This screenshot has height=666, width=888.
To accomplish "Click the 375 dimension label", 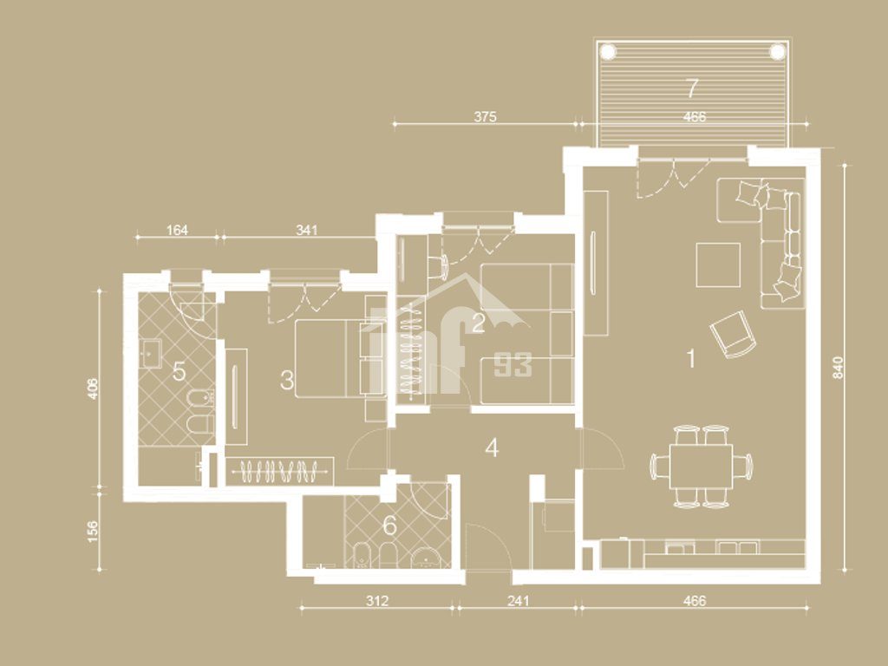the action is (486, 117).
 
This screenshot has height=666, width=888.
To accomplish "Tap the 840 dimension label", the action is (839, 368).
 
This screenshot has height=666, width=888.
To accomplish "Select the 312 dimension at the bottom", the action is (376, 600).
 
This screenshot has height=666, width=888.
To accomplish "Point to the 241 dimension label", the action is (519, 600).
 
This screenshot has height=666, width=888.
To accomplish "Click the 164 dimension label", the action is (177, 230).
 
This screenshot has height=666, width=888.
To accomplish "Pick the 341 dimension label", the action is (307, 230).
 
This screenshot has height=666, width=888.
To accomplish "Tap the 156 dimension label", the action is (92, 532).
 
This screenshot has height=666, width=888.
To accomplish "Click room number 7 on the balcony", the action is (691, 88).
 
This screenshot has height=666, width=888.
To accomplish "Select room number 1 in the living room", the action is (690, 358).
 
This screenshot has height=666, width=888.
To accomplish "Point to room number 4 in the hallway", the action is (493, 448).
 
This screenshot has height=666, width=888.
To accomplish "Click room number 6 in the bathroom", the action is (389, 526).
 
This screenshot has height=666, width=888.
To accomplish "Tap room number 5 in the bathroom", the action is (179, 372).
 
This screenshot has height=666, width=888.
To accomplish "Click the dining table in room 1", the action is (701, 466).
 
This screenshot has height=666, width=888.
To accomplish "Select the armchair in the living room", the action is (733, 334).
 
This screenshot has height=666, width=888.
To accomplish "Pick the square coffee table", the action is (718, 264).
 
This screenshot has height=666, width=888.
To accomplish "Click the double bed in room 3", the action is (339, 358).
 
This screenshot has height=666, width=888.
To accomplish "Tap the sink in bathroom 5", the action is (150, 353).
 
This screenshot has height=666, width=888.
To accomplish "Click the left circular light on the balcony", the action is (608, 51).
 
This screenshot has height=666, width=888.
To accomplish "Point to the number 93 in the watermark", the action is (513, 365).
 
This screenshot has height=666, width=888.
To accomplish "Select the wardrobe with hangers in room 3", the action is (279, 471).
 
